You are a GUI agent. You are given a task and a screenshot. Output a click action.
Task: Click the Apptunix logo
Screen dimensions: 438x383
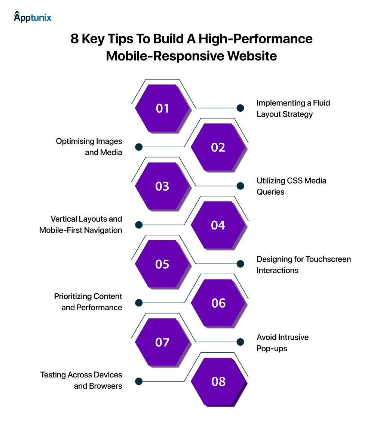(33, 17)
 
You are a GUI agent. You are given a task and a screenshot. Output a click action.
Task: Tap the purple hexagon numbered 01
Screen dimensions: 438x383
(162, 108)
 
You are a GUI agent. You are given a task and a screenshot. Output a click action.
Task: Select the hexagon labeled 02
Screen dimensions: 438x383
(218, 147)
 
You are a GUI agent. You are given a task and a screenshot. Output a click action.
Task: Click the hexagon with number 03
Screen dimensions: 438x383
(162, 186)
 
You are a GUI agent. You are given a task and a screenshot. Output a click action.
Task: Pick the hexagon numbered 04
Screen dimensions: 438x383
(218, 225)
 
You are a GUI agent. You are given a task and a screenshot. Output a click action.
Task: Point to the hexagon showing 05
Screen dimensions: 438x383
(162, 264)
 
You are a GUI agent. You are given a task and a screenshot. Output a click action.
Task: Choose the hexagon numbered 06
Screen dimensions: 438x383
(218, 303)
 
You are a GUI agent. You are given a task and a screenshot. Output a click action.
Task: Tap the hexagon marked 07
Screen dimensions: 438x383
(162, 342)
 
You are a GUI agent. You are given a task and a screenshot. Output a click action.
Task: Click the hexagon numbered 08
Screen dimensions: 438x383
(218, 381)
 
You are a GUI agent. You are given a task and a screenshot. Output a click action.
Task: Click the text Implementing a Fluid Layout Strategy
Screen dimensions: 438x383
(293, 108)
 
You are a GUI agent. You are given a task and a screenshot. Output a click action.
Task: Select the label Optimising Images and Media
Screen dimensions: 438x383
(89, 147)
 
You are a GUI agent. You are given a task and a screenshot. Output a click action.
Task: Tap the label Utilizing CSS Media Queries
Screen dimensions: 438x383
(291, 186)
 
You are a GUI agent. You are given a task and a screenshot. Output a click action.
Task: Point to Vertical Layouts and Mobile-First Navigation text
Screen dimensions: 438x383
(81, 225)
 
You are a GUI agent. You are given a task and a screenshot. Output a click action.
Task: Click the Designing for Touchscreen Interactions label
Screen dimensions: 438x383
(303, 265)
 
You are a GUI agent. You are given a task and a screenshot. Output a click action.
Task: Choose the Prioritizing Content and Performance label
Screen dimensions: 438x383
(88, 302)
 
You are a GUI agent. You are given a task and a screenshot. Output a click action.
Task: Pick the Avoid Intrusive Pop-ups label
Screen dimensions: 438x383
(282, 343)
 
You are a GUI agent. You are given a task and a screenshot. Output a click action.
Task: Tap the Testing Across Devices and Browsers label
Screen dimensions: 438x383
(81, 380)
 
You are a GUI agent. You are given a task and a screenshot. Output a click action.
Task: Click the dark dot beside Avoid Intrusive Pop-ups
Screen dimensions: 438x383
(240, 342)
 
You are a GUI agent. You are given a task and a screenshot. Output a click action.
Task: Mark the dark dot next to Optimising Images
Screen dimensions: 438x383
(139, 147)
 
